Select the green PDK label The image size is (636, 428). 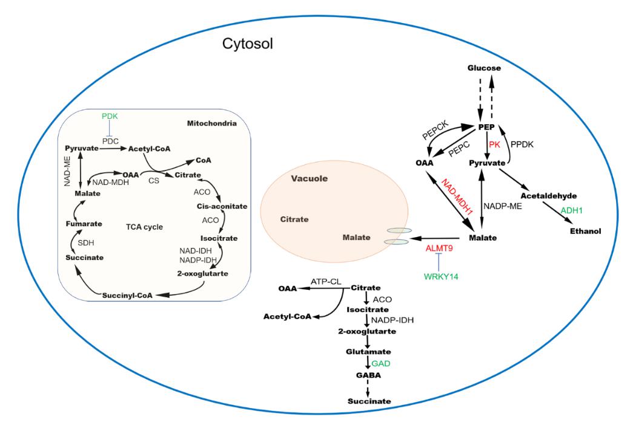[x=110, y=115]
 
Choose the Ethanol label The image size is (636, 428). [x=585, y=231]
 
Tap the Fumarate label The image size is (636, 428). [x=82, y=224]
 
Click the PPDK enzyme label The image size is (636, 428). [x=522, y=145]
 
